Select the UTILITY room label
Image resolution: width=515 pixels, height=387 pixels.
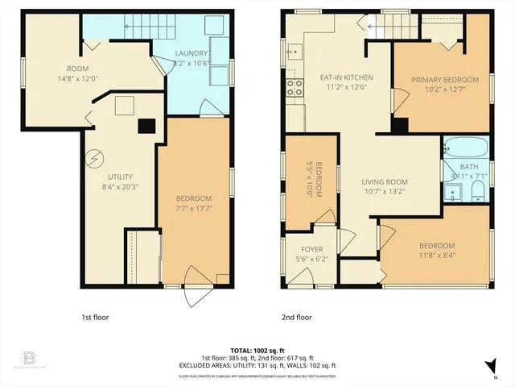pos(120,177)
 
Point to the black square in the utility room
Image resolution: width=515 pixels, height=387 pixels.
pos(146,126)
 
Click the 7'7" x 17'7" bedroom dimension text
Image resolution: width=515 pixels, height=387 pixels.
pos(194,209)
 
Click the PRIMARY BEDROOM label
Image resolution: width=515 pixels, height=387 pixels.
pos(445,80)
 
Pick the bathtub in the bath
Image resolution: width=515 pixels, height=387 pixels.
pos(465,148)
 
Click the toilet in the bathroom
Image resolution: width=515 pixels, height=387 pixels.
pos(476,192)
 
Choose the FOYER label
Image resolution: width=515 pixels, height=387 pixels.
pos(311,249)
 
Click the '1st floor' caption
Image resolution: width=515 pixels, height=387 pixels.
pos(94,317)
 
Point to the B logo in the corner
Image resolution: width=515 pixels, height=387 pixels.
pos(29,356)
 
